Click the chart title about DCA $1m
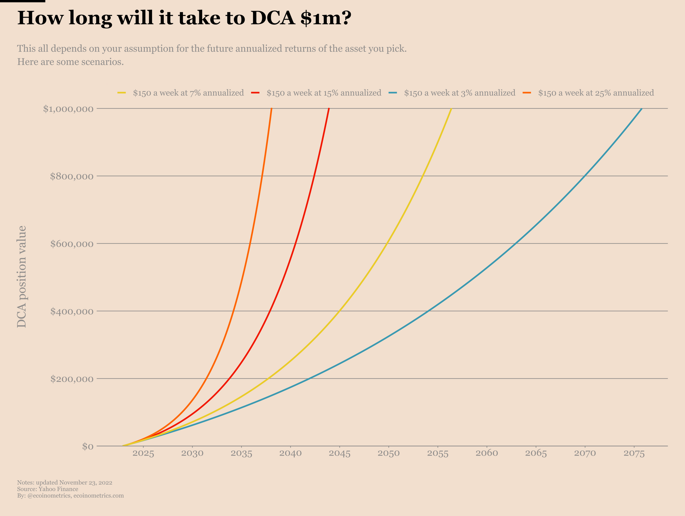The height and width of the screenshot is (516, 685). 184,18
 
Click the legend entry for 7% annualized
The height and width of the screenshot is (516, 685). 188,93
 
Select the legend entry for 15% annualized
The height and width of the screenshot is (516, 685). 324,93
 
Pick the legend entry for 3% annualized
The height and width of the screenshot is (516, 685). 459,93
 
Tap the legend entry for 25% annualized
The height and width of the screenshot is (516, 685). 596,93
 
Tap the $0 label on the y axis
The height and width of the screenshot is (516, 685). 88,446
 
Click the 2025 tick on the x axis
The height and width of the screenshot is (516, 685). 144,454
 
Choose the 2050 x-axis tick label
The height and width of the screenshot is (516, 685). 389,454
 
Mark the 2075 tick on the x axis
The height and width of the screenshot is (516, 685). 634,454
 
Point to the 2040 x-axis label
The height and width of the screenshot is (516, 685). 290,454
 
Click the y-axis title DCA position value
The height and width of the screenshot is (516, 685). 22,277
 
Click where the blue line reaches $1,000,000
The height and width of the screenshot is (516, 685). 641,109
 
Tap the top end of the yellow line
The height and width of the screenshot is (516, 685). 451,109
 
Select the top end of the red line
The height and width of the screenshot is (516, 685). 329,109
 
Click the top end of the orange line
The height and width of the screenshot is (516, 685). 272,109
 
